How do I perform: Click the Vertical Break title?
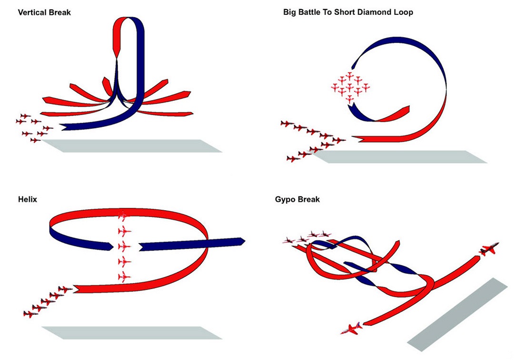[x=44, y=12]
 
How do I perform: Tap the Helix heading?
[x=28, y=199]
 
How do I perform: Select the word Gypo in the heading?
[x=285, y=200]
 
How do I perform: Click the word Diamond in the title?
[x=374, y=12]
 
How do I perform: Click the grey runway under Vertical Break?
[x=132, y=146]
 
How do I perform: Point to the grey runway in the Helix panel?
[x=132, y=332]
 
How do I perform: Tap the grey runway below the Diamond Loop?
[x=399, y=156]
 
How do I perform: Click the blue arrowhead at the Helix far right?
[x=242, y=241]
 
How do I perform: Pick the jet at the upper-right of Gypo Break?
[x=489, y=249]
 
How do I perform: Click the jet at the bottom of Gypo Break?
[x=351, y=329]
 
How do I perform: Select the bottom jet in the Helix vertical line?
[x=124, y=277]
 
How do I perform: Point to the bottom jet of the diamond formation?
[x=350, y=99]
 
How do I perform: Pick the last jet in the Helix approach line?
[x=30, y=314]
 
